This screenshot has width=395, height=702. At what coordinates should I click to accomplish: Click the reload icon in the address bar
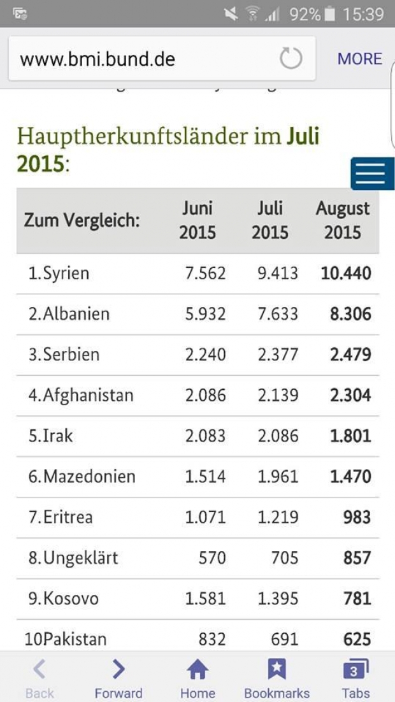(291, 59)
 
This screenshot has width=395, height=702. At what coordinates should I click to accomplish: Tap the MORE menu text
(360, 59)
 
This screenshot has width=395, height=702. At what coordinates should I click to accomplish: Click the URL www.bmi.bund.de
(97, 59)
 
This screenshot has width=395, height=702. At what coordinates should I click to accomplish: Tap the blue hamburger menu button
(373, 173)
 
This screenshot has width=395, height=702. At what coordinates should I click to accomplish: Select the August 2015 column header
(343, 220)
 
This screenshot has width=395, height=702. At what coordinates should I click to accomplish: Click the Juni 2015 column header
(197, 220)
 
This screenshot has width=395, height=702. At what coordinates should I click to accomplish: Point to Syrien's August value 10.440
(346, 273)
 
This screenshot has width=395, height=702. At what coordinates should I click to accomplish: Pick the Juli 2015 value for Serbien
(278, 355)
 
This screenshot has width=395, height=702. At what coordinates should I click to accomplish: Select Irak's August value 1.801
(350, 436)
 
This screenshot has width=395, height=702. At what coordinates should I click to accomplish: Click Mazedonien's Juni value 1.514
(205, 477)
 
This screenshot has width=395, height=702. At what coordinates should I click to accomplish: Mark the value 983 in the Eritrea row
(356, 517)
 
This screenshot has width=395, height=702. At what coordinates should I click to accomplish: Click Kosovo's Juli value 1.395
(278, 599)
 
